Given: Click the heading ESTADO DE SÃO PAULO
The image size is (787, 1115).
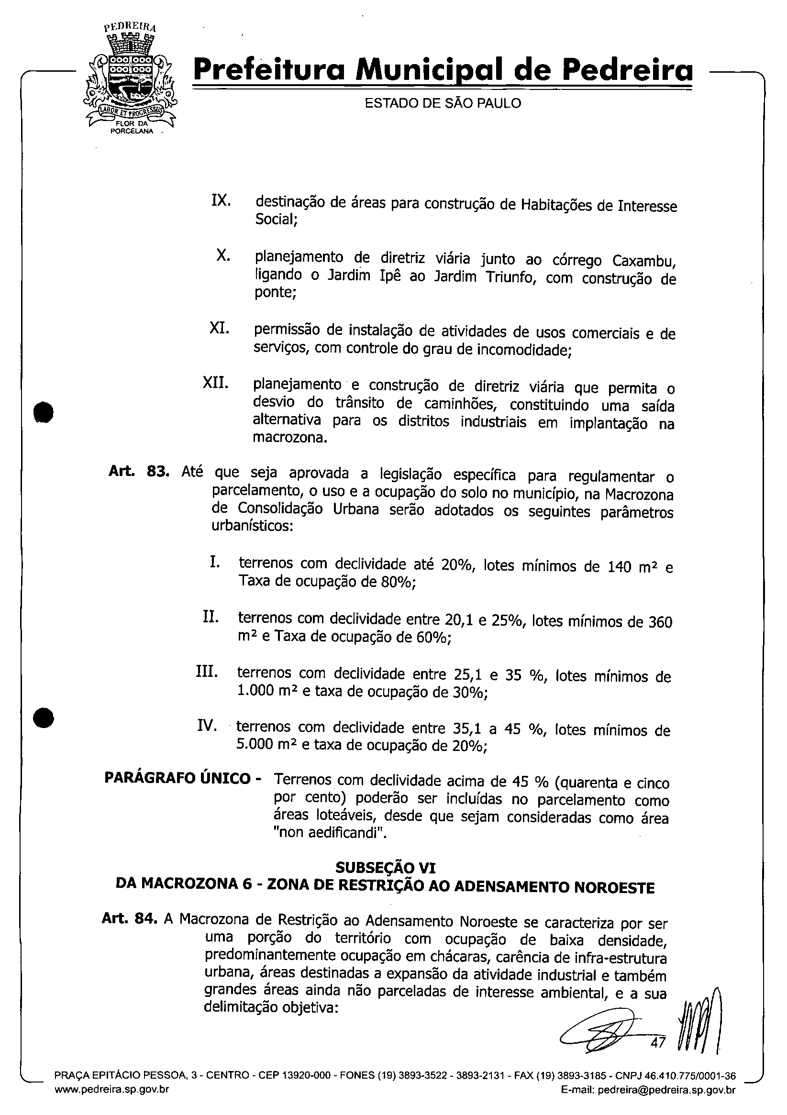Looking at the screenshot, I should tap(443, 103).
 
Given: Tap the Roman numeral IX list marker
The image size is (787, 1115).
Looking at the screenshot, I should tap(221, 200).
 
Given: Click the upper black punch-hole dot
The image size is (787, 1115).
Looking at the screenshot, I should tap(43, 413).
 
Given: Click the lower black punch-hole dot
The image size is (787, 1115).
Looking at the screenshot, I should tap(43, 718).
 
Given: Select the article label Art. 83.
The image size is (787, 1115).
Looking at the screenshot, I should tap(138, 472).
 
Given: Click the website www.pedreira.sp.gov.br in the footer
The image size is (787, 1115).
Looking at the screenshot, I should tap(112, 1103).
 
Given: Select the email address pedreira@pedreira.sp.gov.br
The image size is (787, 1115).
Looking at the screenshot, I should tap(666, 1103).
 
